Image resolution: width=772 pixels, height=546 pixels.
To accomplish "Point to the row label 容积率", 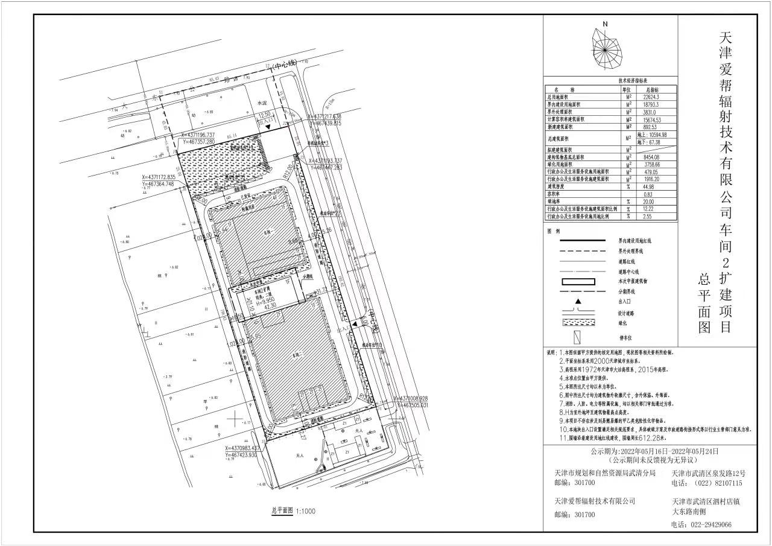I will click(x=555, y=194).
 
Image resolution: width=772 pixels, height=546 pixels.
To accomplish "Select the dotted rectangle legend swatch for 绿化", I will click(x=578, y=323).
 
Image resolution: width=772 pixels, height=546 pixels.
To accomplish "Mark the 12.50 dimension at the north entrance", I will click(x=264, y=113).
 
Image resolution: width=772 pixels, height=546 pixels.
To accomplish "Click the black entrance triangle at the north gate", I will click(x=274, y=129).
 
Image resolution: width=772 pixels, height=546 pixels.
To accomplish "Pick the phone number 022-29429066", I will click(x=709, y=524).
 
